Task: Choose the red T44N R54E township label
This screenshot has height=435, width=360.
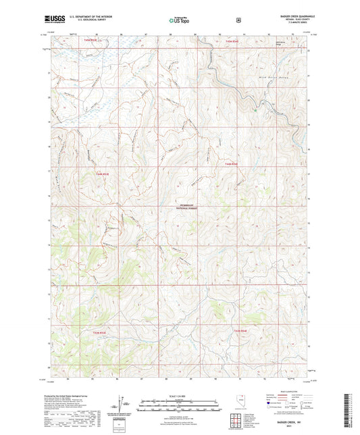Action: tap(232, 165)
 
